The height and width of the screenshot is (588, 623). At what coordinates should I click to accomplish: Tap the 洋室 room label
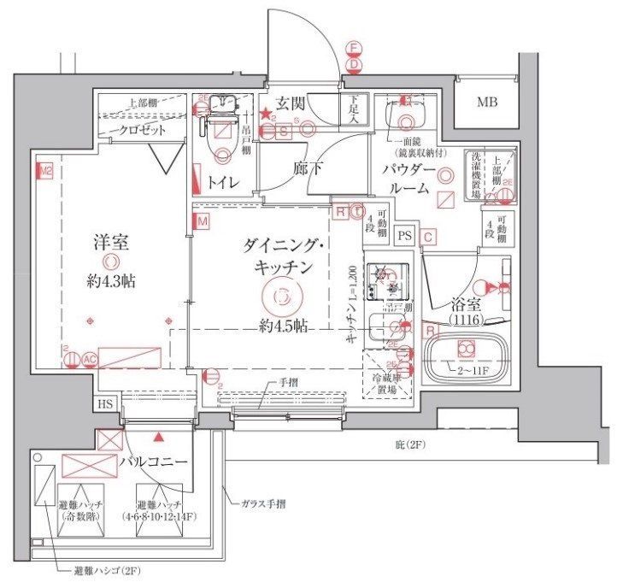coord(111,242)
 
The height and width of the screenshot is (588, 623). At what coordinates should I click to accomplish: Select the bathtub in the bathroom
coord(467,356)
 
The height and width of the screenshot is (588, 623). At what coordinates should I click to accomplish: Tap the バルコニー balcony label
coord(153,462)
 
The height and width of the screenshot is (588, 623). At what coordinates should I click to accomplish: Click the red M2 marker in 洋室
coord(45,170)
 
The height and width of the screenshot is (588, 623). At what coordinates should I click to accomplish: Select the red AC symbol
coord(89,360)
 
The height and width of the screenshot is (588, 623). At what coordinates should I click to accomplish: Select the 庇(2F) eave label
coord(410,445)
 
